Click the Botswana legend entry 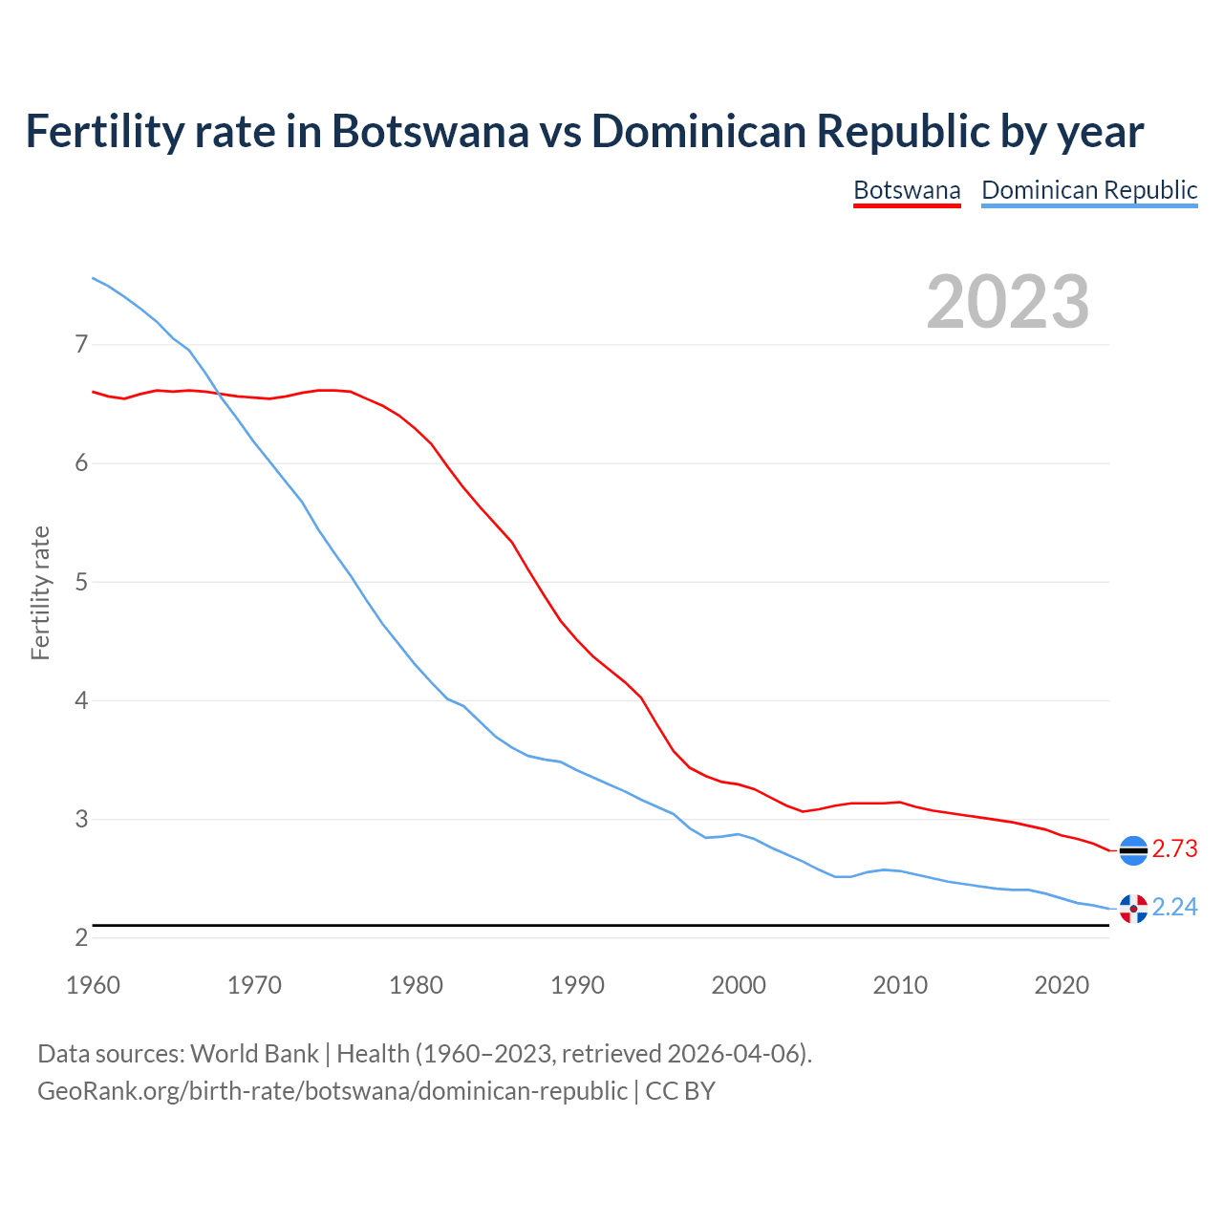click(906, 190)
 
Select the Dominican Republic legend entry click(1089, 190)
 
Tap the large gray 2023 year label click(1007, 302)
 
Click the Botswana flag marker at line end click(1133, 849)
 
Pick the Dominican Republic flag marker click(1133, 908)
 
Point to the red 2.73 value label click(1174, 848)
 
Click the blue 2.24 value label click(1174, 907)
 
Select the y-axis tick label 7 click(81, 344)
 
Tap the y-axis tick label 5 click(81, 582)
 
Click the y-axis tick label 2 click(81, 937)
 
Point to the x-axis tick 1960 click(93, 985)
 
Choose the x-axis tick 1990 click(577, 985)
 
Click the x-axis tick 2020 click(1062, 985)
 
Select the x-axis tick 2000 click(739, 985)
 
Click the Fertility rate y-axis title click(40, 592)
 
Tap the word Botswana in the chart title click(430, 131)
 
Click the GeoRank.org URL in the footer click(332, 1090)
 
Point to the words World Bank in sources click(254, 1054)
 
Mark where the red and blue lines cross click(218, 393)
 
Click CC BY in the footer click(680, 1090)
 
